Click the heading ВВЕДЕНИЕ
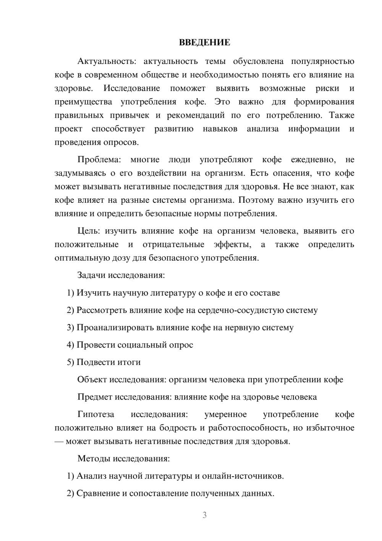(204, 42)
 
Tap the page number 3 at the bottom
(204, 515)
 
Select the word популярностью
(323, 61)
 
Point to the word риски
(327, 88)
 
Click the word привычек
(130, 115)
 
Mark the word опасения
(289, 173)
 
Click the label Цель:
(89, 231)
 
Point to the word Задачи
(92, 275)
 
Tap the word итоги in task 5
(130, 362)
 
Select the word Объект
(92, 380)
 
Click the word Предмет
(94, 397)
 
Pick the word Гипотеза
(95, 414)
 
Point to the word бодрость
(177, 428)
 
